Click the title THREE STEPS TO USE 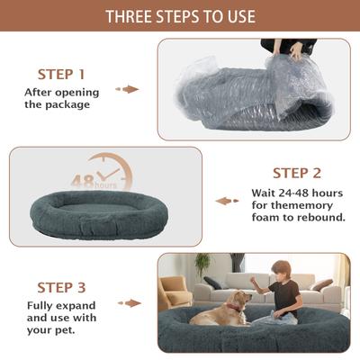pos(180,16)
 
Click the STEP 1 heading pos(61,74)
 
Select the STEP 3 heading pos(61,287)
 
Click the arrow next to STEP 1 pos(130,89)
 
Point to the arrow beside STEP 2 pos(227,201)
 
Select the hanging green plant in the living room pos(202,265)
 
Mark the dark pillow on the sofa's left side pos(213,283)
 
